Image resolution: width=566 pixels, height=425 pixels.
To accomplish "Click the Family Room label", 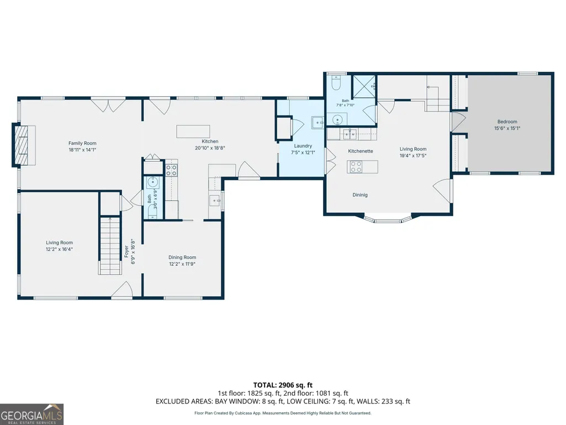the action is tap(82, 143).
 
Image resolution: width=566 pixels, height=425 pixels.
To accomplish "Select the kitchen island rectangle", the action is tap(193, 132).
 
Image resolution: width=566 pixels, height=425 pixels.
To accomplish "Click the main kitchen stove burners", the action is tap(172, 170).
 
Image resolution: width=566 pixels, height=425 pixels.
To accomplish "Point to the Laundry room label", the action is tap(303, 146).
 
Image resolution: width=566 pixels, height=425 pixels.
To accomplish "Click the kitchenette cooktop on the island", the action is tap(356, 167).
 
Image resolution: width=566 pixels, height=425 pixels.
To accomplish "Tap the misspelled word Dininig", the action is tap(360, 195).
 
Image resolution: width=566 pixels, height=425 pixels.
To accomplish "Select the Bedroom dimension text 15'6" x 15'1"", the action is tap(507, 128).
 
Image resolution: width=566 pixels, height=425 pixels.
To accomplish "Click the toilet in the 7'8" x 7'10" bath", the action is tap(336, 83).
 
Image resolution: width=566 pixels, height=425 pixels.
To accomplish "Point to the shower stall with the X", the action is tap(364, 86).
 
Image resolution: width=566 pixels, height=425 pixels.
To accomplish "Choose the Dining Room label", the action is tap(182, 258).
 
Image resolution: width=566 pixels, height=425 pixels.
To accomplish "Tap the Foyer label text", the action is tap(126, 251).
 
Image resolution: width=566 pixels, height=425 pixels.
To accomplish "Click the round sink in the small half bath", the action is tap(152, 181).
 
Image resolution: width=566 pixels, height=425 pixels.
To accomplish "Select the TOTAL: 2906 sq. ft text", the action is tap(283, 385).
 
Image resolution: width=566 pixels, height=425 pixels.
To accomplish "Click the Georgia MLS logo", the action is tap(32, 414).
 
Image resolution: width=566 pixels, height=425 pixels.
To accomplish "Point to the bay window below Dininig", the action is tap(388, 219).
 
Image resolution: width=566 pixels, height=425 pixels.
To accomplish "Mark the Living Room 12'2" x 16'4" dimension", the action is tap(59, 249).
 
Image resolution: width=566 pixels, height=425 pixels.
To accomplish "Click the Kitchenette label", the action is tap(361, 151).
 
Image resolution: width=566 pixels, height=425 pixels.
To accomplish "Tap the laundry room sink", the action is tap(318, 123).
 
